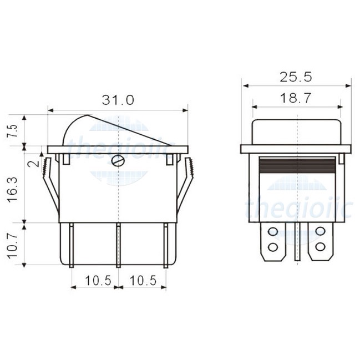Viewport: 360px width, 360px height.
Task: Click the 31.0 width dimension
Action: click(x=117, y=100)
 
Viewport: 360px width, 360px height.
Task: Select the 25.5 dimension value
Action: click(x=296, y=77)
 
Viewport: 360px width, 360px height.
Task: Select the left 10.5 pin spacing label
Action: click(x=94, y=281)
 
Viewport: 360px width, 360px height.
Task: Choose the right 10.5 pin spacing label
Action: click(x=143, y=281)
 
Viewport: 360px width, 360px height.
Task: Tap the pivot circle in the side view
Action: click(x=118, y=161)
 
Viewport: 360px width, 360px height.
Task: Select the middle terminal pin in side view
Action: click(x=118, y=244)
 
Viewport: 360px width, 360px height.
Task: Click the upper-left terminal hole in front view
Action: click(x=272, y=230)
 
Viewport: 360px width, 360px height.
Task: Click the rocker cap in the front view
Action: click(x=297, y=132)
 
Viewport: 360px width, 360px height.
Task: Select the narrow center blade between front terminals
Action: click(x=297, y=241)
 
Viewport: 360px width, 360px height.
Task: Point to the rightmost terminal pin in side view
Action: click(x=165, y=244)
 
